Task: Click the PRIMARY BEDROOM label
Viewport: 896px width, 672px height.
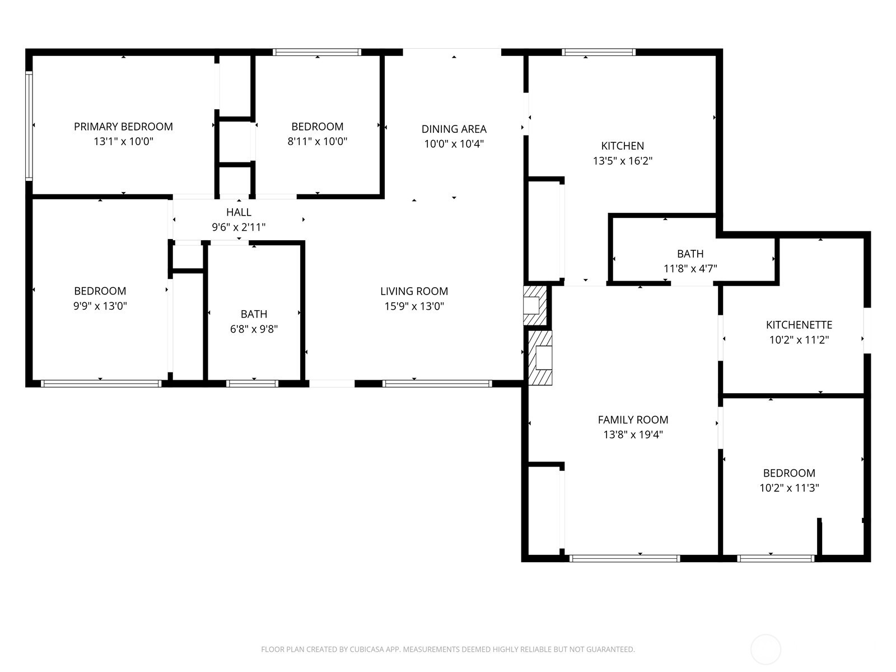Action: [x=123, y=127]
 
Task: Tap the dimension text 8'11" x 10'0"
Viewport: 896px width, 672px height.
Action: [x=317, y=142]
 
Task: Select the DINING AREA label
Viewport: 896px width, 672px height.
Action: [x=454, y=129]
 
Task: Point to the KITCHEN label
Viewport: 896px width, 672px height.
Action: [x=622, y=146]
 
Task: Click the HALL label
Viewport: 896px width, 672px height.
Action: [x=239, y=212]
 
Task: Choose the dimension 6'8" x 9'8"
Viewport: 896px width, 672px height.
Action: [x=254, y=329]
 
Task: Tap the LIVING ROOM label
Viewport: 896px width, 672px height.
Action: [x=414, y=291]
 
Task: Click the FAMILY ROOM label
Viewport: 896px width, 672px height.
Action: [x=633, y=420]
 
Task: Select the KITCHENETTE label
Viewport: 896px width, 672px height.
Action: [x=799, y=325]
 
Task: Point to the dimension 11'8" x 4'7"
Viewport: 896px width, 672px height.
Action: [x=690, y=269]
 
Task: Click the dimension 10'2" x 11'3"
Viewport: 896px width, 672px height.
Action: [x=789, y=488]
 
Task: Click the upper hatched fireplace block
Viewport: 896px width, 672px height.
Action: [x=535, y=305]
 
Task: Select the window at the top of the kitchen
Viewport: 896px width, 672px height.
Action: [x=599, y=52]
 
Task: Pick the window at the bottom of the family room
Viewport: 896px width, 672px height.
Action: [x=624, y=558]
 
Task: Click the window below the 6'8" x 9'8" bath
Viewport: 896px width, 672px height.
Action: [x=253, y=384]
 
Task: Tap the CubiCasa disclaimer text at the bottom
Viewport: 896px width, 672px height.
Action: [x=447, y=650]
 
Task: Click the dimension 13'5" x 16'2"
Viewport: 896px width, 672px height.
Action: [x=622, y=161]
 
